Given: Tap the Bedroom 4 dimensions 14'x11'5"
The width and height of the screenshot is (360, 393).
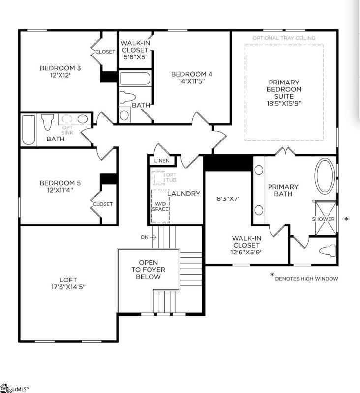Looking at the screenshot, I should (x=191, y=81).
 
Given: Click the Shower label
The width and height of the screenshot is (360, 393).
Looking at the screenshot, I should (x=324, y=219).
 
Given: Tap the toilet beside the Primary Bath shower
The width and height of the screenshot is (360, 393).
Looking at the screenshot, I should (x=327, y=250).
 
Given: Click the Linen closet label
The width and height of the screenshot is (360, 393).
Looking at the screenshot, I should (x=161, y=161).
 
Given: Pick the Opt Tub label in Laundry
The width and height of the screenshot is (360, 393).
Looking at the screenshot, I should (x=171, y=178).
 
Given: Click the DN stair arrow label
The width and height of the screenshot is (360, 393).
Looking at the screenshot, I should (x=145, y=237).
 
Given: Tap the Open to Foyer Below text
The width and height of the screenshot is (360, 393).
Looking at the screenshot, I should (x=148, y=270).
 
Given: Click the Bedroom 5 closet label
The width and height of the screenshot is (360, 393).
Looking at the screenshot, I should (x=103, y=204).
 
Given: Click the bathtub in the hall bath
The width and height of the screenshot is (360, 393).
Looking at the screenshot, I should (x=29, y=130).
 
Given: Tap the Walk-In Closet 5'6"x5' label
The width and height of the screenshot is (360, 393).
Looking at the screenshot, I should (x=135, y=50).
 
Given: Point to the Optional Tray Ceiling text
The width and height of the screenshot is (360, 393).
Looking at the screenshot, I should (x=284, y=38).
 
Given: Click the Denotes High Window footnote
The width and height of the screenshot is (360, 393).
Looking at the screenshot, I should (x=306, y=279).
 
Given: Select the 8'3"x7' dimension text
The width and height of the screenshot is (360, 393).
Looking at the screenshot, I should (x=228, y=199).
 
